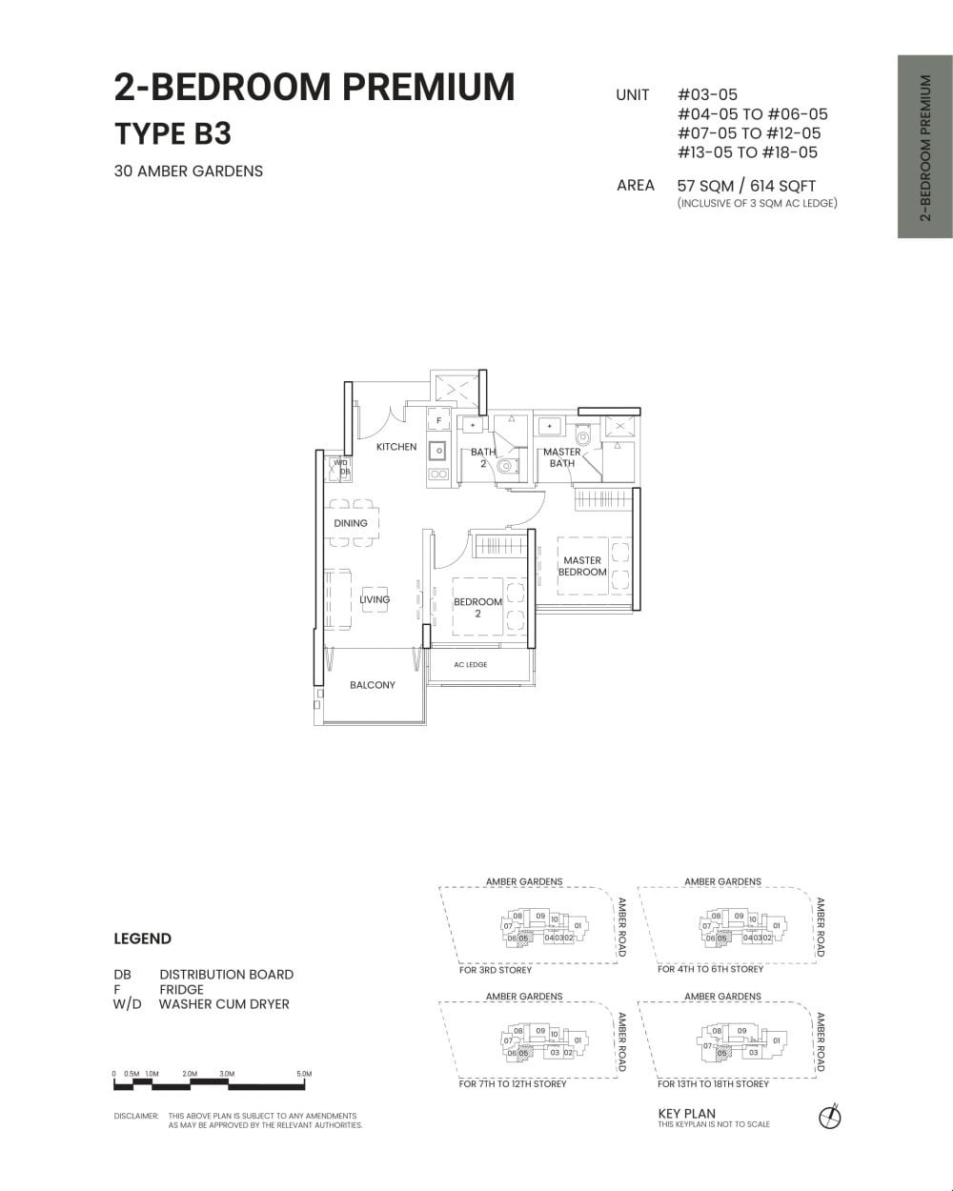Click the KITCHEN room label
tap(395, 447)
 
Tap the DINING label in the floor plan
tap(351, 523)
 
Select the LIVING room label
tap(375, 599)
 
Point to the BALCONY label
tap(372, 685)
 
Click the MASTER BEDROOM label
tap(582, 566)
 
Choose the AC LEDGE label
tap(470, 665)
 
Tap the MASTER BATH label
tap(561, 457)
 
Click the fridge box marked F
tap(438, 420)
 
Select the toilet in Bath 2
tap(506, 467)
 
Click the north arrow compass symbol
tap(830, 1117)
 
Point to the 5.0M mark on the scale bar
tap(304, 1074)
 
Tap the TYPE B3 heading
tap(172, 133)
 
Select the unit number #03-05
tap(707, 94)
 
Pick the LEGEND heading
tap(142, 939)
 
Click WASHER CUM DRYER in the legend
tap(224, 1003)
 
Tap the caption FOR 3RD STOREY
tap(496, 970)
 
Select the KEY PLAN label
tap(686, 1113)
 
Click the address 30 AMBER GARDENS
tap(188, 172)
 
